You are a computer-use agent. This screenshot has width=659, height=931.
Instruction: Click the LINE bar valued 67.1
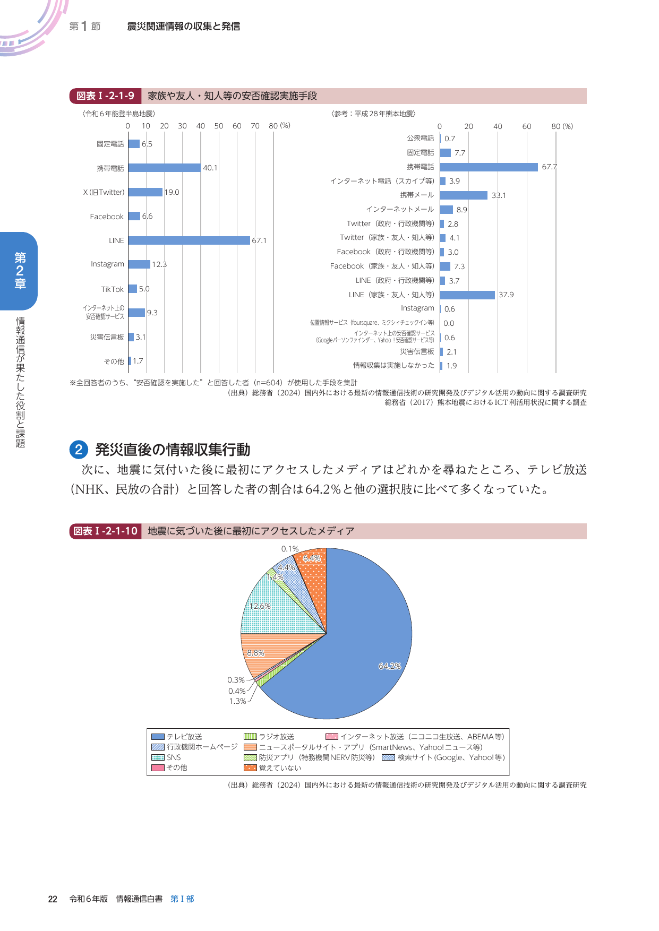point(189,240)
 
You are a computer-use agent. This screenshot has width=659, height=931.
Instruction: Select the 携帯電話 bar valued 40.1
point(164,168)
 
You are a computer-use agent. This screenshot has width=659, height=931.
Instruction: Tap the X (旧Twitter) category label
point(104,192)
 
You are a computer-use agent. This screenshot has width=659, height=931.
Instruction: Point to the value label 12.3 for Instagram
point(159,264)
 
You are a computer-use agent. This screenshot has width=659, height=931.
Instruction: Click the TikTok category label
point(112,289)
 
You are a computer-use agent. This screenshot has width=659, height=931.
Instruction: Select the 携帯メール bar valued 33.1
point(463,195)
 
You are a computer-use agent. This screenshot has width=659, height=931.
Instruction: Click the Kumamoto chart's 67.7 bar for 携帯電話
point(489,167)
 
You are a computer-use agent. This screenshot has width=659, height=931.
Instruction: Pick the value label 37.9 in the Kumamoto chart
point(506,295)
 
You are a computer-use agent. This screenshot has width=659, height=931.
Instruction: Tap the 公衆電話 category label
point(421,138)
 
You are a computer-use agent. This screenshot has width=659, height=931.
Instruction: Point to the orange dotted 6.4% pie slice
point(313,573)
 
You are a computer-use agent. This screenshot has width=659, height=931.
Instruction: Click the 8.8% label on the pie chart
point(255,653)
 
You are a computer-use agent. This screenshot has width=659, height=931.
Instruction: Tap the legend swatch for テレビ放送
point(158,737)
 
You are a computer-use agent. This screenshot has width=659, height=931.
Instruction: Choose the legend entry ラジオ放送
point(276,737)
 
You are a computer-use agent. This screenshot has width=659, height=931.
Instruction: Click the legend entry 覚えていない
point(280,768)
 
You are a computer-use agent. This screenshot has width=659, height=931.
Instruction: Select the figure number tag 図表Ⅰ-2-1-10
point(105,531)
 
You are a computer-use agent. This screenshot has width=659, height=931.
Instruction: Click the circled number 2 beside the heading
point(79,450)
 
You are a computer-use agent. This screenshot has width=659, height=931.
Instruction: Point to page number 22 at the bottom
point(53,899)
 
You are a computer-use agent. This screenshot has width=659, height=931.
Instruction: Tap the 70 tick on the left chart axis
point(255,126)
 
